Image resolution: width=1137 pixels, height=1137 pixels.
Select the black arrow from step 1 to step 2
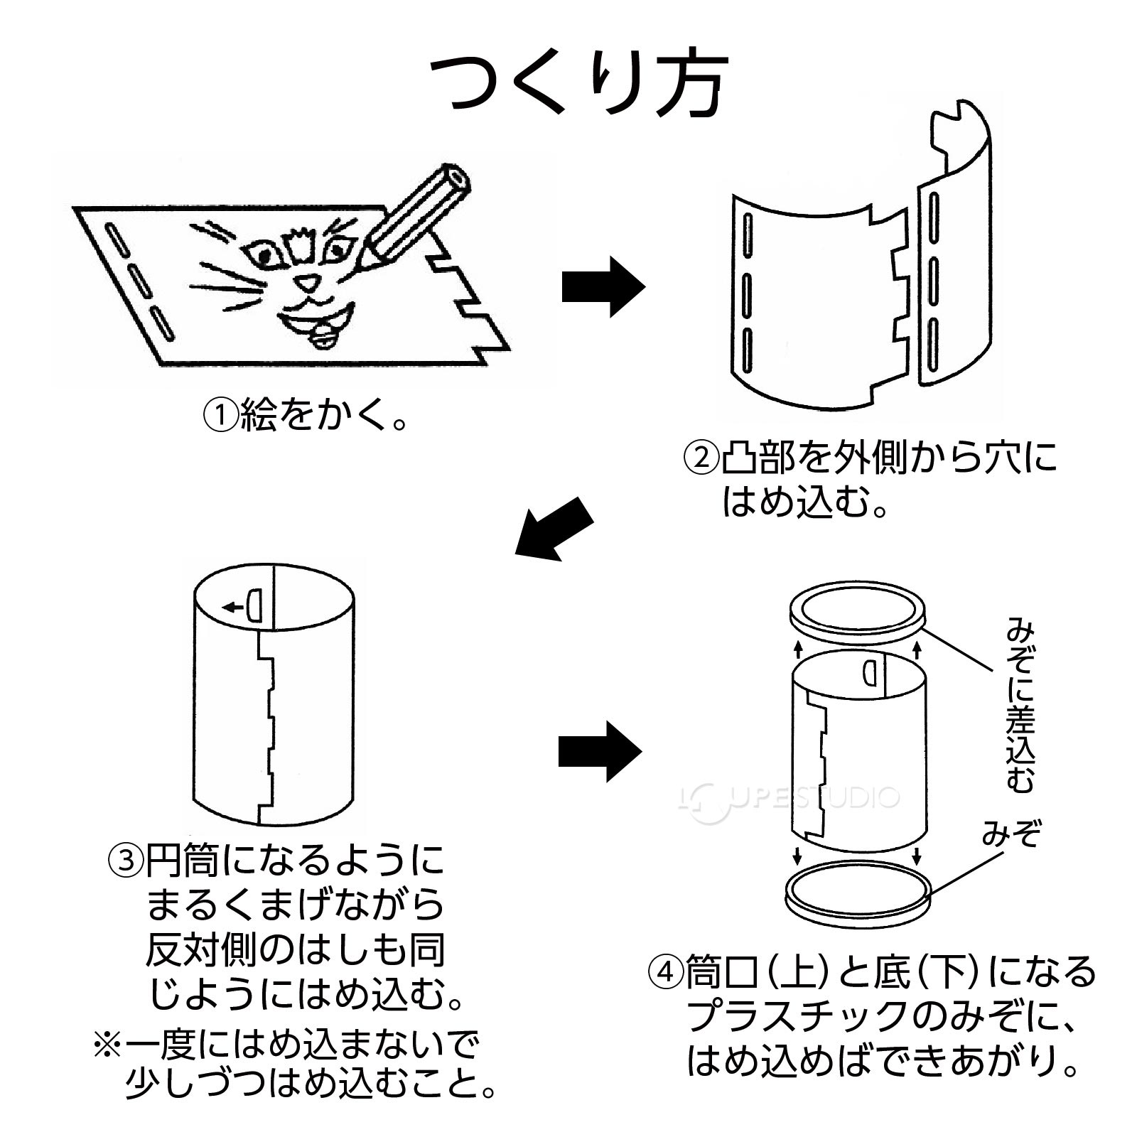coord(602,287)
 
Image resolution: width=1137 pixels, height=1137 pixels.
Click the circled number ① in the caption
coord(220,416)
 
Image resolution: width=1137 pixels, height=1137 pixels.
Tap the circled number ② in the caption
coord(700,458)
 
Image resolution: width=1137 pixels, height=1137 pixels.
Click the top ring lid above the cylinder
coord(858,608)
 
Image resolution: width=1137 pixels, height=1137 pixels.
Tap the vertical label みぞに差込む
coord(1020,704)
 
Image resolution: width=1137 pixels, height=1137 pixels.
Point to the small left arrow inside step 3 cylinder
coord(232,607)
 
